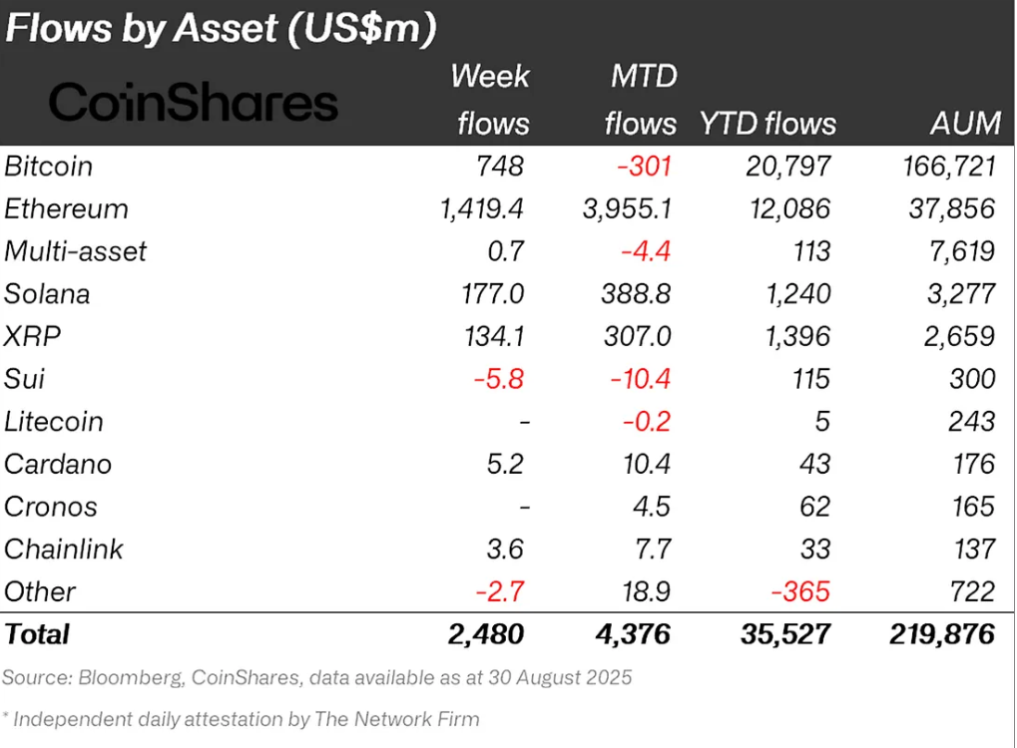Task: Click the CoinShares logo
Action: point(194,103)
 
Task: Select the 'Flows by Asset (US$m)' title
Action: point(221,28)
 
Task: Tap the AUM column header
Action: point(962,123)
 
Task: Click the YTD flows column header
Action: point(767,123)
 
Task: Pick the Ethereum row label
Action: point(66,208)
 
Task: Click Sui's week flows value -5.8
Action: point(502,379)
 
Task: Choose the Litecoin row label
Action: point(54,421)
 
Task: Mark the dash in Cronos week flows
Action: point(523,507)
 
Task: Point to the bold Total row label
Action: point(38,634)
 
